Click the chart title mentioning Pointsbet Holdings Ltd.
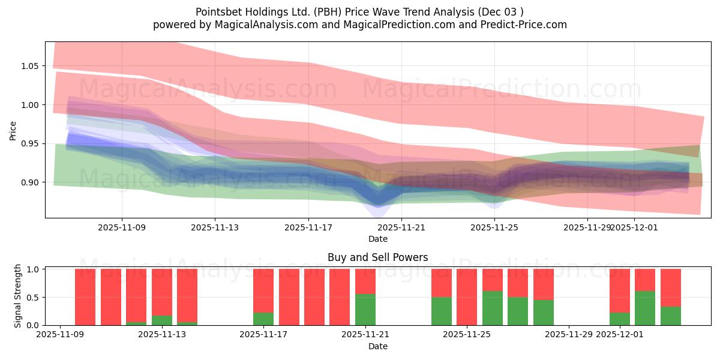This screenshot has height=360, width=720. (359, 11)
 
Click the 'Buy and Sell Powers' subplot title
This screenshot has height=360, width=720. (377, 257)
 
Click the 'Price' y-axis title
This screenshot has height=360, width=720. (13, 130)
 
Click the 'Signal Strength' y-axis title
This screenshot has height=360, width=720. (18, 296)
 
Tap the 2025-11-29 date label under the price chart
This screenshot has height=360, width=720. (587, 227)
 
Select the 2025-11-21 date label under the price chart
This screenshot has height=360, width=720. (401, 227)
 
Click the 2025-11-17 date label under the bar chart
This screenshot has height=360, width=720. (263, 335)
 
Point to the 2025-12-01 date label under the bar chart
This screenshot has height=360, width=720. (620, 335)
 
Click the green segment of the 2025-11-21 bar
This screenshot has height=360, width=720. (365, 310)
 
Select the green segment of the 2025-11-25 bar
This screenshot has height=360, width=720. (493, 308)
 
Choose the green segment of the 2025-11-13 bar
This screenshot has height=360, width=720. (162, 320)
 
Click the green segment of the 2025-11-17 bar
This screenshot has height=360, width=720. (263, 319)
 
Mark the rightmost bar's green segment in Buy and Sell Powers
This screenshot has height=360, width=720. (671, 316)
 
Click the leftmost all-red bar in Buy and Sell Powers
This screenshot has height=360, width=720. (85, 297)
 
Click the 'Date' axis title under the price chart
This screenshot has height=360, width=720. (377, 239)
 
